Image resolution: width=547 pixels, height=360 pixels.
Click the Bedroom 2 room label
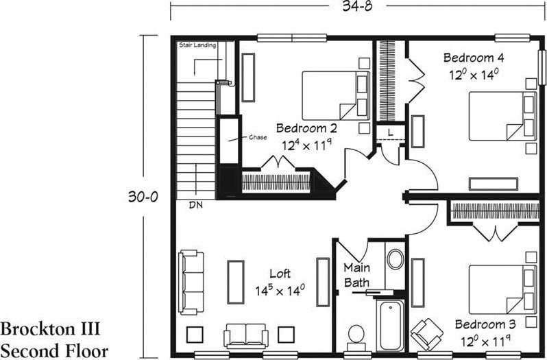coord(306,128)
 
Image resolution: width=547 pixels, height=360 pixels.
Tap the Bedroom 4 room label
coord(474,57)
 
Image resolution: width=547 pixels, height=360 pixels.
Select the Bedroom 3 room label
coord(485,324)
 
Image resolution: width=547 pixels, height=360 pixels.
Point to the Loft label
coord(280,274)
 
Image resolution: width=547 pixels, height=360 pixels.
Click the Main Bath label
coord(356,275)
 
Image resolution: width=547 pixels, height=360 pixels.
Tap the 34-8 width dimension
coord(357,6)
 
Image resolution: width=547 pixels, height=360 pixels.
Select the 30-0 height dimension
coord(143,197)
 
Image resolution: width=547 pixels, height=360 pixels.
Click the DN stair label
coord(196,205)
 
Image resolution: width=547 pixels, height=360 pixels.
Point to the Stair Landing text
coord(197,45)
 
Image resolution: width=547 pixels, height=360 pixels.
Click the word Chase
coord(258,137)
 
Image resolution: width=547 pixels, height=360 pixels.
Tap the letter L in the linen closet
coord(390,132)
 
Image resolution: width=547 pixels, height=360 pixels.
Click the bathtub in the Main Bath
coord(390,326)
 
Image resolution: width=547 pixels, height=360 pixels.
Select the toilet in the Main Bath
coord(356,337)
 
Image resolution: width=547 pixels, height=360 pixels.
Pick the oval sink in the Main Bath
coord(396,259)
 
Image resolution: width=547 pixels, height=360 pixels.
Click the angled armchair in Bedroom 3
coord(426,334)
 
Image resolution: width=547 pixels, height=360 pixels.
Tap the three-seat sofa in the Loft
coord(191,282)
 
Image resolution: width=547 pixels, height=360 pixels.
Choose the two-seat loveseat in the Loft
coord(246,336)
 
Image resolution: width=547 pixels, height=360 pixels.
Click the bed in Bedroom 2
coord(336,95)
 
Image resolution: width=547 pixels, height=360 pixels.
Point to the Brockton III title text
coord(51,328)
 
